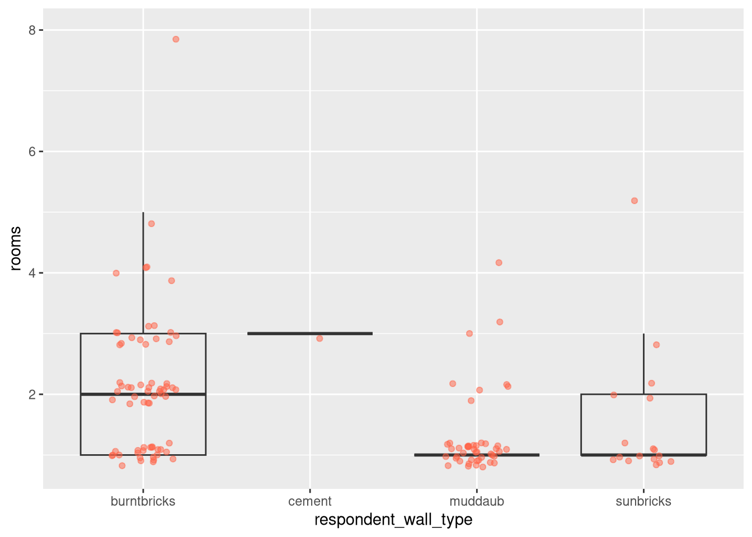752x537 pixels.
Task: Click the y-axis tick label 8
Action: pos(32,30)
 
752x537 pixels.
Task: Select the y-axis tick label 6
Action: pos(32,152)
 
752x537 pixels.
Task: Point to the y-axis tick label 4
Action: pos(32,273)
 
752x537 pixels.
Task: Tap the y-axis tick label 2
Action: pos(32,394)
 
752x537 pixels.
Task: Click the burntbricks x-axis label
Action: pos(143,501)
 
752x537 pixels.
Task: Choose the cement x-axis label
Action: pos(309,501)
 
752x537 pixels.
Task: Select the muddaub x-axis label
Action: pos(477,501)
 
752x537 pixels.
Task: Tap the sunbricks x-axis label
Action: pos(643,501)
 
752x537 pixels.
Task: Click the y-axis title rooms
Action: pos(16,248)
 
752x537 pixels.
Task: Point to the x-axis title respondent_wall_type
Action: pos(393,520)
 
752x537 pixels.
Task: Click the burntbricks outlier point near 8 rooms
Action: pos(176,39)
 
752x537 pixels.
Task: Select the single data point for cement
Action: pos(319,338)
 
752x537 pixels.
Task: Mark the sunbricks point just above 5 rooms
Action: pos(634,201)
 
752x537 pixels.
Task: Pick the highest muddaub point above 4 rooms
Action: pos(499,263)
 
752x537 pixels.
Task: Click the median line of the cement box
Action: pos(309,333)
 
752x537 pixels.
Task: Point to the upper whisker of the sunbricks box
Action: pos(643,364)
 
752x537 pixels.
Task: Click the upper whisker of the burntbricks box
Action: pos(143,274)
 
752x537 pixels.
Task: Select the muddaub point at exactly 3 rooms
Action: pos(469,333)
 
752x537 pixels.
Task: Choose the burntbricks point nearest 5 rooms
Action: pos(151,224)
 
